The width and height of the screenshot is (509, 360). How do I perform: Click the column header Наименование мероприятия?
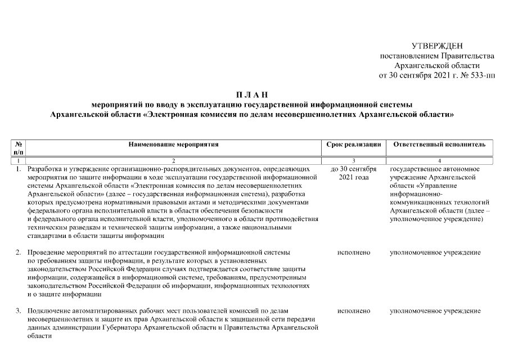click(x=173, y=145)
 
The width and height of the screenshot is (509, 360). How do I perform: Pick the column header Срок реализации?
click(x=354, y=145)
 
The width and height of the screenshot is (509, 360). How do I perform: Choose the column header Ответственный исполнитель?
click(x=439, y=145)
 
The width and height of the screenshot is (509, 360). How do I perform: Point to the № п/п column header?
click(x=18, y=148)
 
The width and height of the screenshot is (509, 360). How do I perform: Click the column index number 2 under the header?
click(x=173, y=161)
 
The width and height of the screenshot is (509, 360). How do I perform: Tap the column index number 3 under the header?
click(x=354, y=161)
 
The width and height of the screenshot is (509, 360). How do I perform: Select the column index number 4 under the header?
click(x=439, y=161)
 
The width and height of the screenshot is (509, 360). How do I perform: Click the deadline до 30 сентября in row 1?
click(x=354, y=169)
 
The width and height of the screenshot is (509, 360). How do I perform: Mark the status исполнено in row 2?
click(x=354, y=253)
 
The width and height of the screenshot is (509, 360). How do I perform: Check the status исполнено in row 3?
click(x=354, y=310)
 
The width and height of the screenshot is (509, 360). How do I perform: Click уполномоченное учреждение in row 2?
click(x=435, y=253)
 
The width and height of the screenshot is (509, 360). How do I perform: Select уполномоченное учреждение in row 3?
click(x=435, y=310)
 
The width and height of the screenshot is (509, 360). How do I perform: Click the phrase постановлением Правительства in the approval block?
click(x=437, y=56)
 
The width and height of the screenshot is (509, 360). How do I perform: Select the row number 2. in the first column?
click(x=18, y=253)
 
